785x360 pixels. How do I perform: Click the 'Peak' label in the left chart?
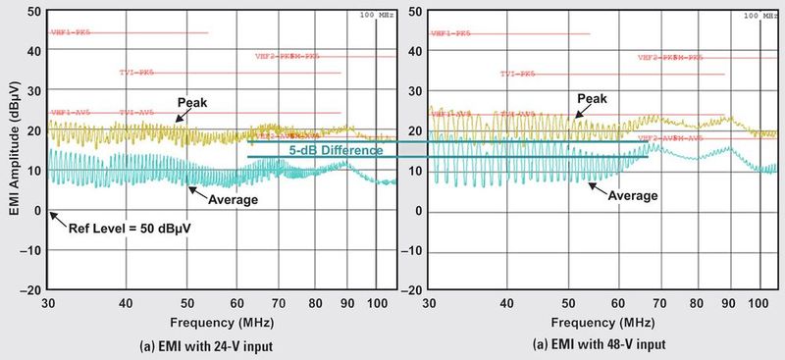pyautogui.click(x=193, y=102)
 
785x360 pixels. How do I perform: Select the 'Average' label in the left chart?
pyautogui.click(x=234, y=199)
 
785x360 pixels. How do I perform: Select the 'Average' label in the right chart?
pyautogui.click(x=633, y=195)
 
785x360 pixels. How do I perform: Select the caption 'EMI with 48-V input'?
pyautogui.click(x=600, y=343)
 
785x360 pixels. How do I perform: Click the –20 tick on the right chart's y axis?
pyautogui.click(x=413, y=290)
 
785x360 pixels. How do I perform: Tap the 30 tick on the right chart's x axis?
pyautogui.click(x=430, y=304)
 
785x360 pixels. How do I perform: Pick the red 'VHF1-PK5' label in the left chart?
pyautogui.click(x=70, y=33)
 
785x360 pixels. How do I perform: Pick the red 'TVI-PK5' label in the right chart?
pyautogui.click(x=519, y=74)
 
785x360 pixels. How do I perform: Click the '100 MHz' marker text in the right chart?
pyautogui.click(x=756, y=15)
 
